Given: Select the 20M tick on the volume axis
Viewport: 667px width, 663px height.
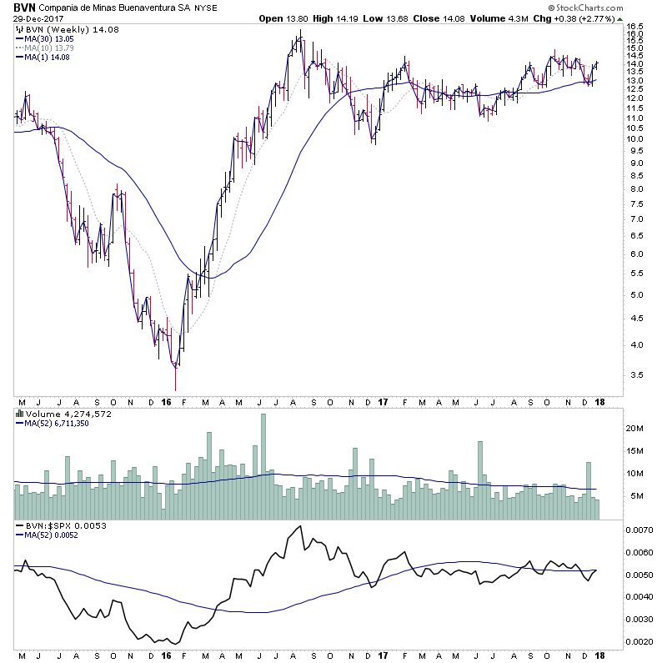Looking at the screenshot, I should [635, 428].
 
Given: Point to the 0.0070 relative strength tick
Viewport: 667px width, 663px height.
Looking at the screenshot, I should [639, 530].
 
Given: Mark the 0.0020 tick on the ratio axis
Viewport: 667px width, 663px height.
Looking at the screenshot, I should [639, 641].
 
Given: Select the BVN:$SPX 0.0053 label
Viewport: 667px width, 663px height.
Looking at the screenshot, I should [56, 526].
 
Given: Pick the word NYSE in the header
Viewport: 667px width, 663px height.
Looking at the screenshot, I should [207, 8].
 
